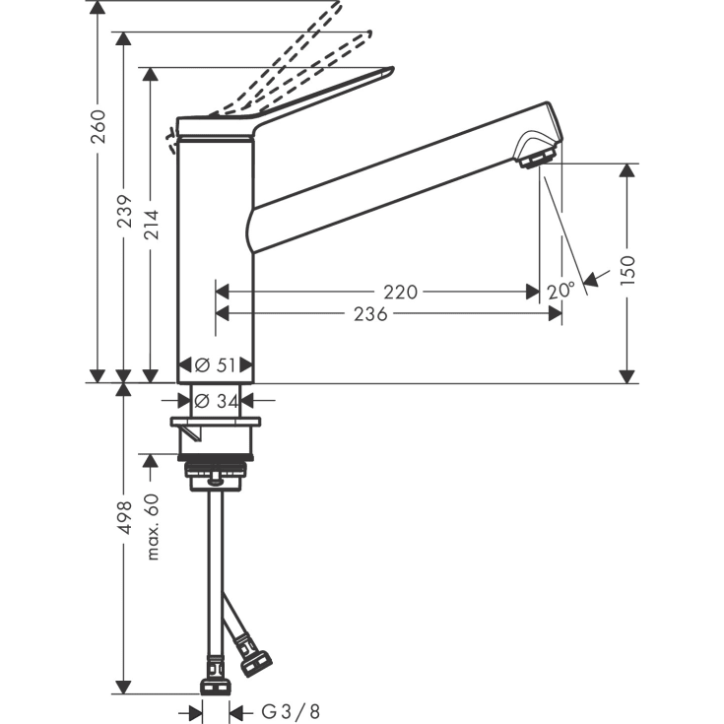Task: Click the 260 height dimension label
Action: (99, 126)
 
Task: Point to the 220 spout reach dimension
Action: (401, 292)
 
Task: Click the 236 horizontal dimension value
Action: (369, 313)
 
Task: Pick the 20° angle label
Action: (560, 290)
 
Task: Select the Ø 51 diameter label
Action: (217, 364)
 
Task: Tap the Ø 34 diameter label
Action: (217, 400)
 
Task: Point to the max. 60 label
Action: (152, 526)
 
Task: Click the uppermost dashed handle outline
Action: (296, 39)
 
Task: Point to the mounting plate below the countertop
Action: (216, 424)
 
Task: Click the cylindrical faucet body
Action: (216, 256)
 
